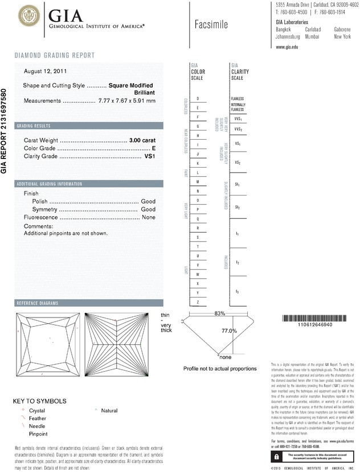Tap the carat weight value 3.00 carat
coord(142,140)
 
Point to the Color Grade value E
coord(154,148)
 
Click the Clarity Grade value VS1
coord(150,156)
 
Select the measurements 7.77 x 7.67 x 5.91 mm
coord(126,100)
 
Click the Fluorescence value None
coord(149,217)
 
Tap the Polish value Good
coord(148,201)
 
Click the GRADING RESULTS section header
coord(34,125)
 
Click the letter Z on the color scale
coord(197,301)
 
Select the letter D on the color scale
coord(197,99)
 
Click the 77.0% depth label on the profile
coord(229,331)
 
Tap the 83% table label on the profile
coord(220,314)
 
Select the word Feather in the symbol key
coord(36,418)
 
